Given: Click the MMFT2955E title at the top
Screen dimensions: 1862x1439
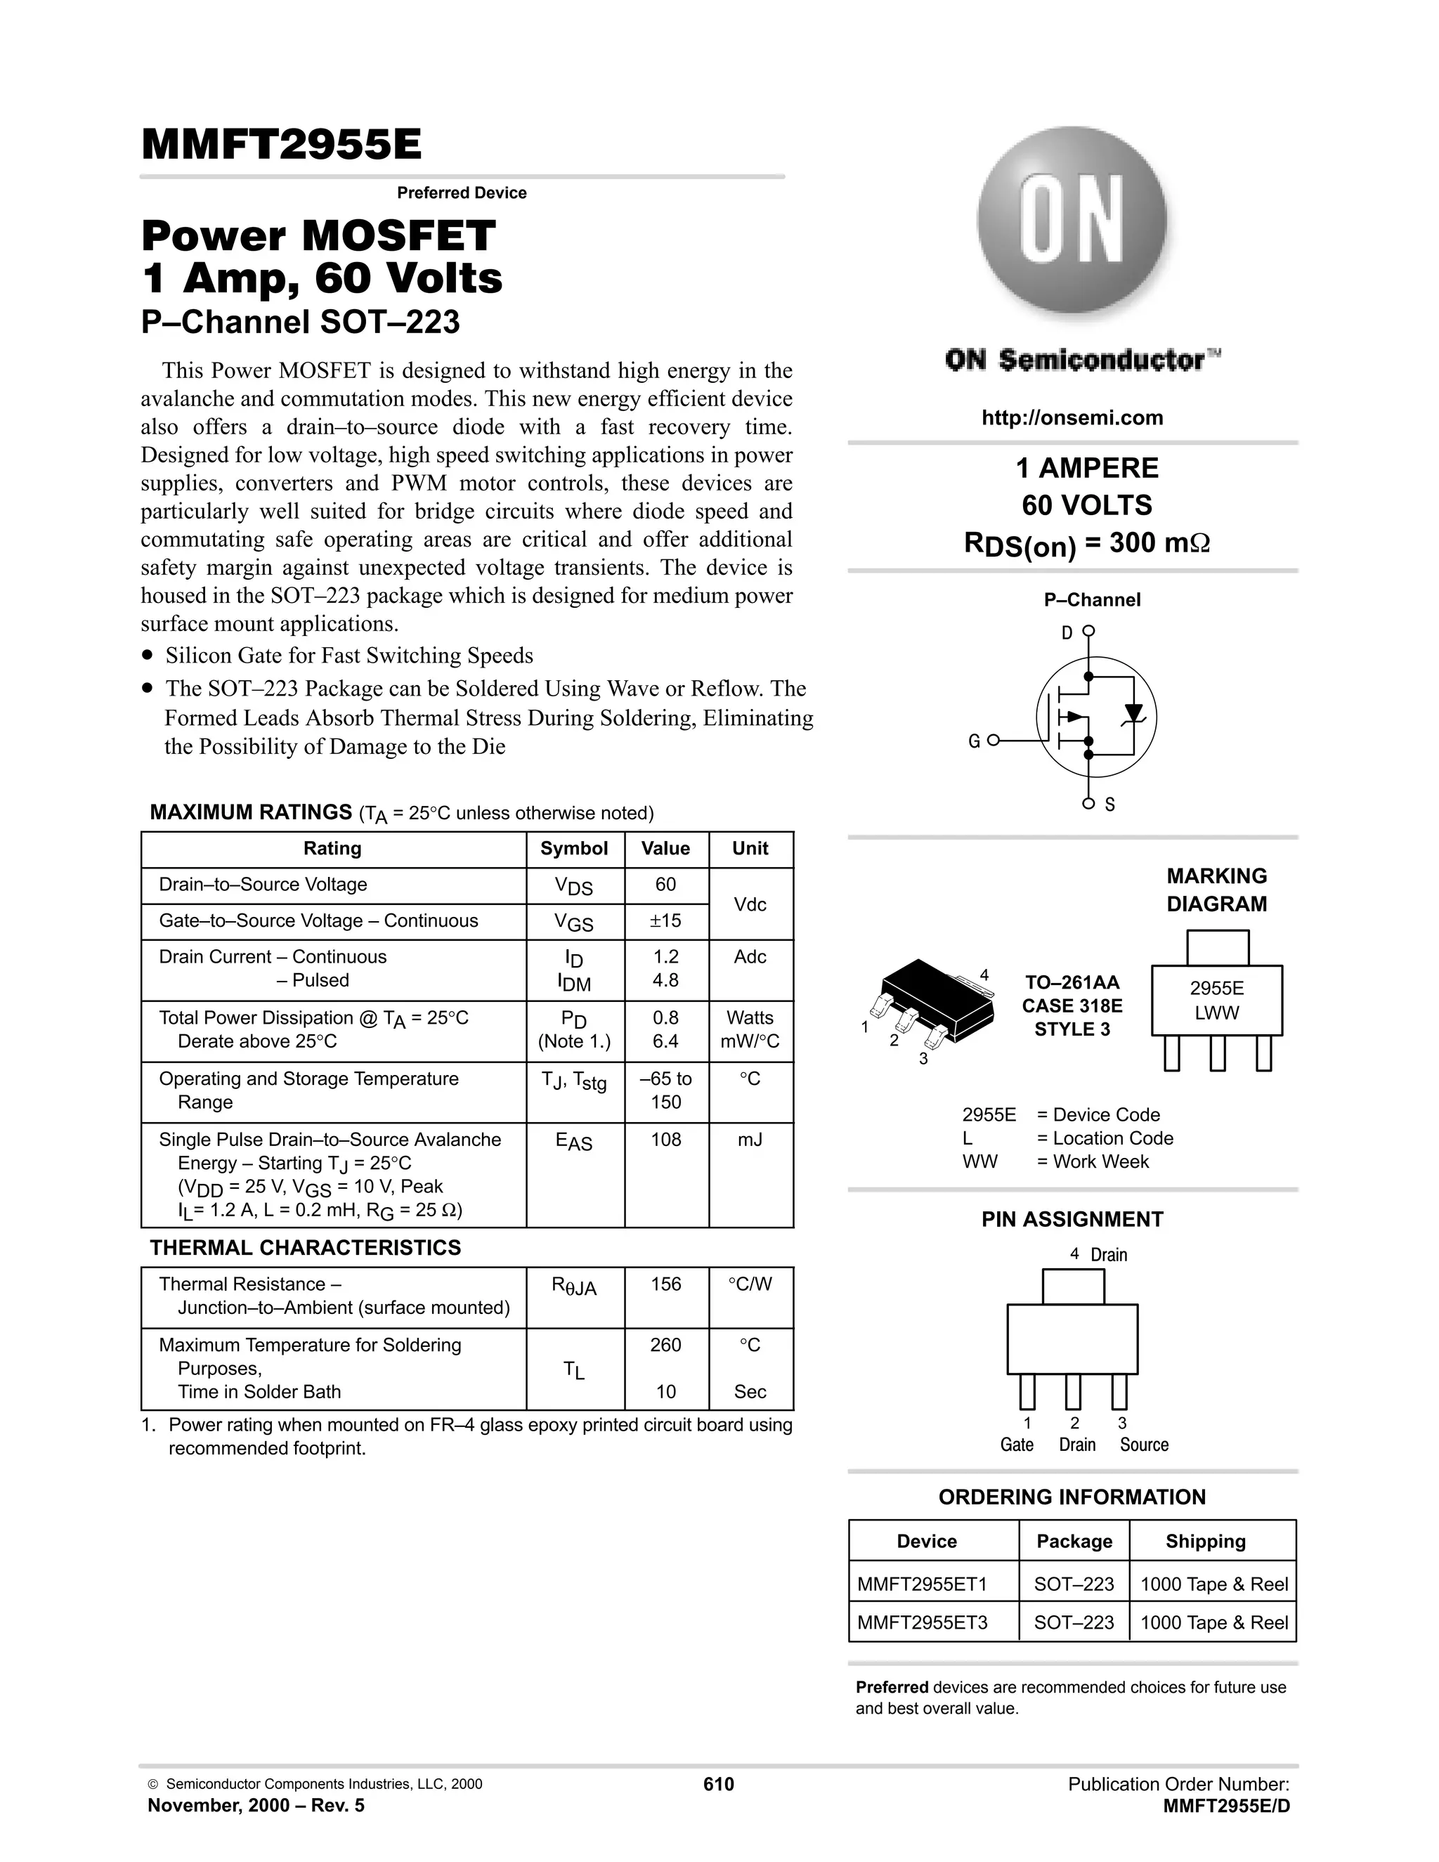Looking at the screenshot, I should (x=281, y=145).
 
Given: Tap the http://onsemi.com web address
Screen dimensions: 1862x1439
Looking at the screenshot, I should (x=1072, y=418).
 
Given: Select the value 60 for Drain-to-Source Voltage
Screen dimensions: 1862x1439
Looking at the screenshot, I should (x=666, y=885).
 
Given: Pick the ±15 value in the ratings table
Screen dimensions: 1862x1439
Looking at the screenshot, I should (x=666, y=920).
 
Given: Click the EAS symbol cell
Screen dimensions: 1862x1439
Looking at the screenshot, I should (x=574, y=1142).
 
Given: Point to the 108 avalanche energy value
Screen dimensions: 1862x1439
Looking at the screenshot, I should (x=666, y=1140).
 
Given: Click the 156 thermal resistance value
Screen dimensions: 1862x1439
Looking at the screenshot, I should (x=666, y=1284).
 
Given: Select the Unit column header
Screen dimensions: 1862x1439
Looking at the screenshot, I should (x=750, y=848).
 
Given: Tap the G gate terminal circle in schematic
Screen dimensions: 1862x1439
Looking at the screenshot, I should (x=992, y=741).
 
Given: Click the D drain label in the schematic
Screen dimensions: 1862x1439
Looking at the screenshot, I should (x=1067, y=632).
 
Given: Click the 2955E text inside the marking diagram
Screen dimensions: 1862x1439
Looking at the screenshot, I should (x=1216, y=988).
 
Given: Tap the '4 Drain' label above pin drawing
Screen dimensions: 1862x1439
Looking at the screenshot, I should (x=1098, y=1254).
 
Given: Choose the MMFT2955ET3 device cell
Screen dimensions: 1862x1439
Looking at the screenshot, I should (x=923, y=1622).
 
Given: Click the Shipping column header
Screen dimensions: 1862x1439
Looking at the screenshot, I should (x=1206, y=1542).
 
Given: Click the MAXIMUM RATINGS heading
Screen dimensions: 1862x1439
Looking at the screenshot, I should (x=251, y=812).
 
